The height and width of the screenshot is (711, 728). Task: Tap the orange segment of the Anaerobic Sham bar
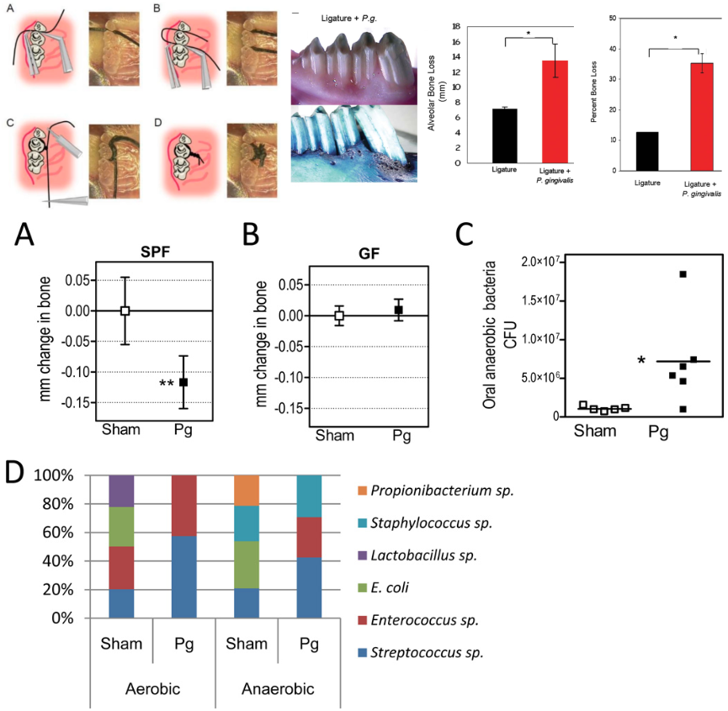click(x=247, y=490)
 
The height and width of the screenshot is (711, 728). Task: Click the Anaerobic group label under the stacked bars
click(x=278, y=689)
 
